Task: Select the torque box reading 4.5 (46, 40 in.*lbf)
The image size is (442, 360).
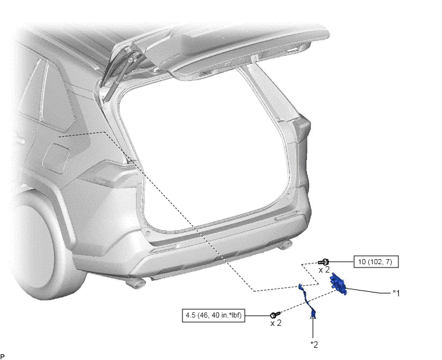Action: [x=213, y=315]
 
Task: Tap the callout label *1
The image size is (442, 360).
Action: [x=396, y=294]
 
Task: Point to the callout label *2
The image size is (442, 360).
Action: [x=314, y=345]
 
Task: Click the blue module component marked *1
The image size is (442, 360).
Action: [x=339, y=283]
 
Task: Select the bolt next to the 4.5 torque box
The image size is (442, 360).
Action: [x=275, y=314]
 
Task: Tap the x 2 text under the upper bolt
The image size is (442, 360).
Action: [x=324, y=270]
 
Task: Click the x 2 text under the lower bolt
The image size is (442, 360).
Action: [x=276, y=323]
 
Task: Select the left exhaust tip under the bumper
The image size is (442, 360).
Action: [x=136, y=283]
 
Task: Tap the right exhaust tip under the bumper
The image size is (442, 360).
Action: [x=285, y=245]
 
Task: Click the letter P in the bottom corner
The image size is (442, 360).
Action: [x=3, y=357]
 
